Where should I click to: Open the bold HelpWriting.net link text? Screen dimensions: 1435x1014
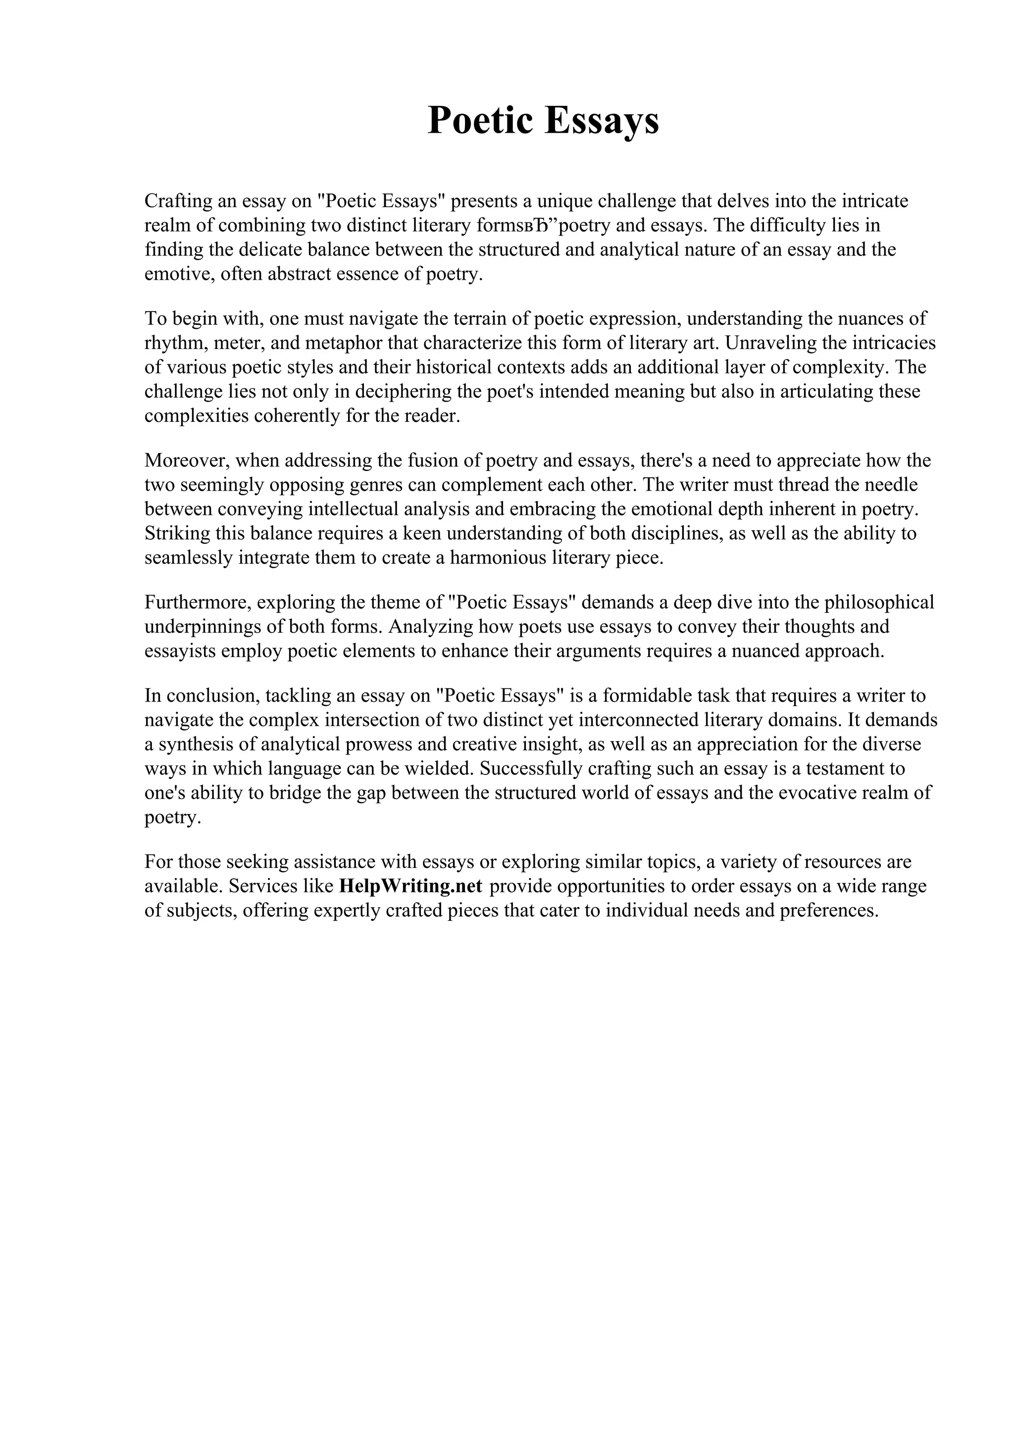410,886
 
